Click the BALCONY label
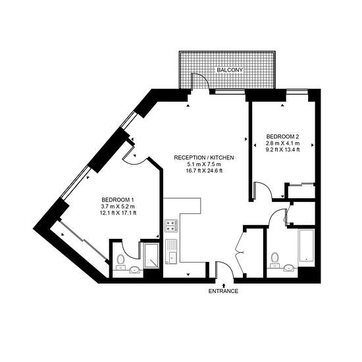point(230,70)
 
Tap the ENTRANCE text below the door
point(223,291)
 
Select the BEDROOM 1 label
point(118,199)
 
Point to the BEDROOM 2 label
point(283,136)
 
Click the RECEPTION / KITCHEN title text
point(204,158)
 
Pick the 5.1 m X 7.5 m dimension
point(204,165)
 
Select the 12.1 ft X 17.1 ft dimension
point(118,213)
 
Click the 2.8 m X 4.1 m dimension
point(283,143)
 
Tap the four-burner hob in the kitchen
point(171,225)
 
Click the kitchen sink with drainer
point(171,251)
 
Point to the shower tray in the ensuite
point(151,256)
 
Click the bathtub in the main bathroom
point(306,246)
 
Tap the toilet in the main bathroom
point(274,260)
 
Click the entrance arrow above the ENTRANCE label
point(223,286)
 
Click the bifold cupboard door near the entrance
point(240,251)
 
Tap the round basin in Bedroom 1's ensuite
point(134,270)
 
